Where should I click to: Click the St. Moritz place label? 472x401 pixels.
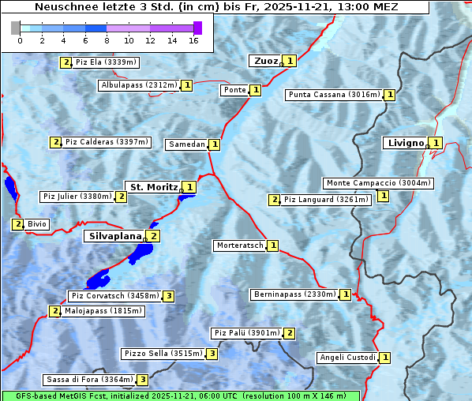click(x=152, y=187)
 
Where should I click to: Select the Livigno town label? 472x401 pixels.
click(x=404, y=143)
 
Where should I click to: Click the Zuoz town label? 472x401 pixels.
click(x=264, y=61)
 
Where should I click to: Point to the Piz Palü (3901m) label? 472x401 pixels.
click(x=245, y=333)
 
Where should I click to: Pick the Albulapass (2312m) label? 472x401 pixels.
click(x=139, y=85)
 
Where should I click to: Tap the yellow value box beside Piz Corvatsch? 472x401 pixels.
click(x=168, y=297)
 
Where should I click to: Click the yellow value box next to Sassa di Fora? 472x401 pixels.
click(x=142, y=380)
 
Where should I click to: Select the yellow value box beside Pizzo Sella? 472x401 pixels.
click(x=212, y=354)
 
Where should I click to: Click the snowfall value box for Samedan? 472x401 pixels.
click(x=214, y=144)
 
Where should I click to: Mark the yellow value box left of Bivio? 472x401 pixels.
click(x=17, y=224)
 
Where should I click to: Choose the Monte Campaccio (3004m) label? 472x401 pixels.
click(x=378, y=183)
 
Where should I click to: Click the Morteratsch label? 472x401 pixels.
click(x=240, y=245)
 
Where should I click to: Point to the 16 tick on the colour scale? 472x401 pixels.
click(x=193, y=40)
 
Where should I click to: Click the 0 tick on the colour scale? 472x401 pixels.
click(x=20, y=40)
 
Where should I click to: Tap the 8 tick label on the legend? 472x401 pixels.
click(x=107, y=40)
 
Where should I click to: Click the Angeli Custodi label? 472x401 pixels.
click(x=347, y=358)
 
